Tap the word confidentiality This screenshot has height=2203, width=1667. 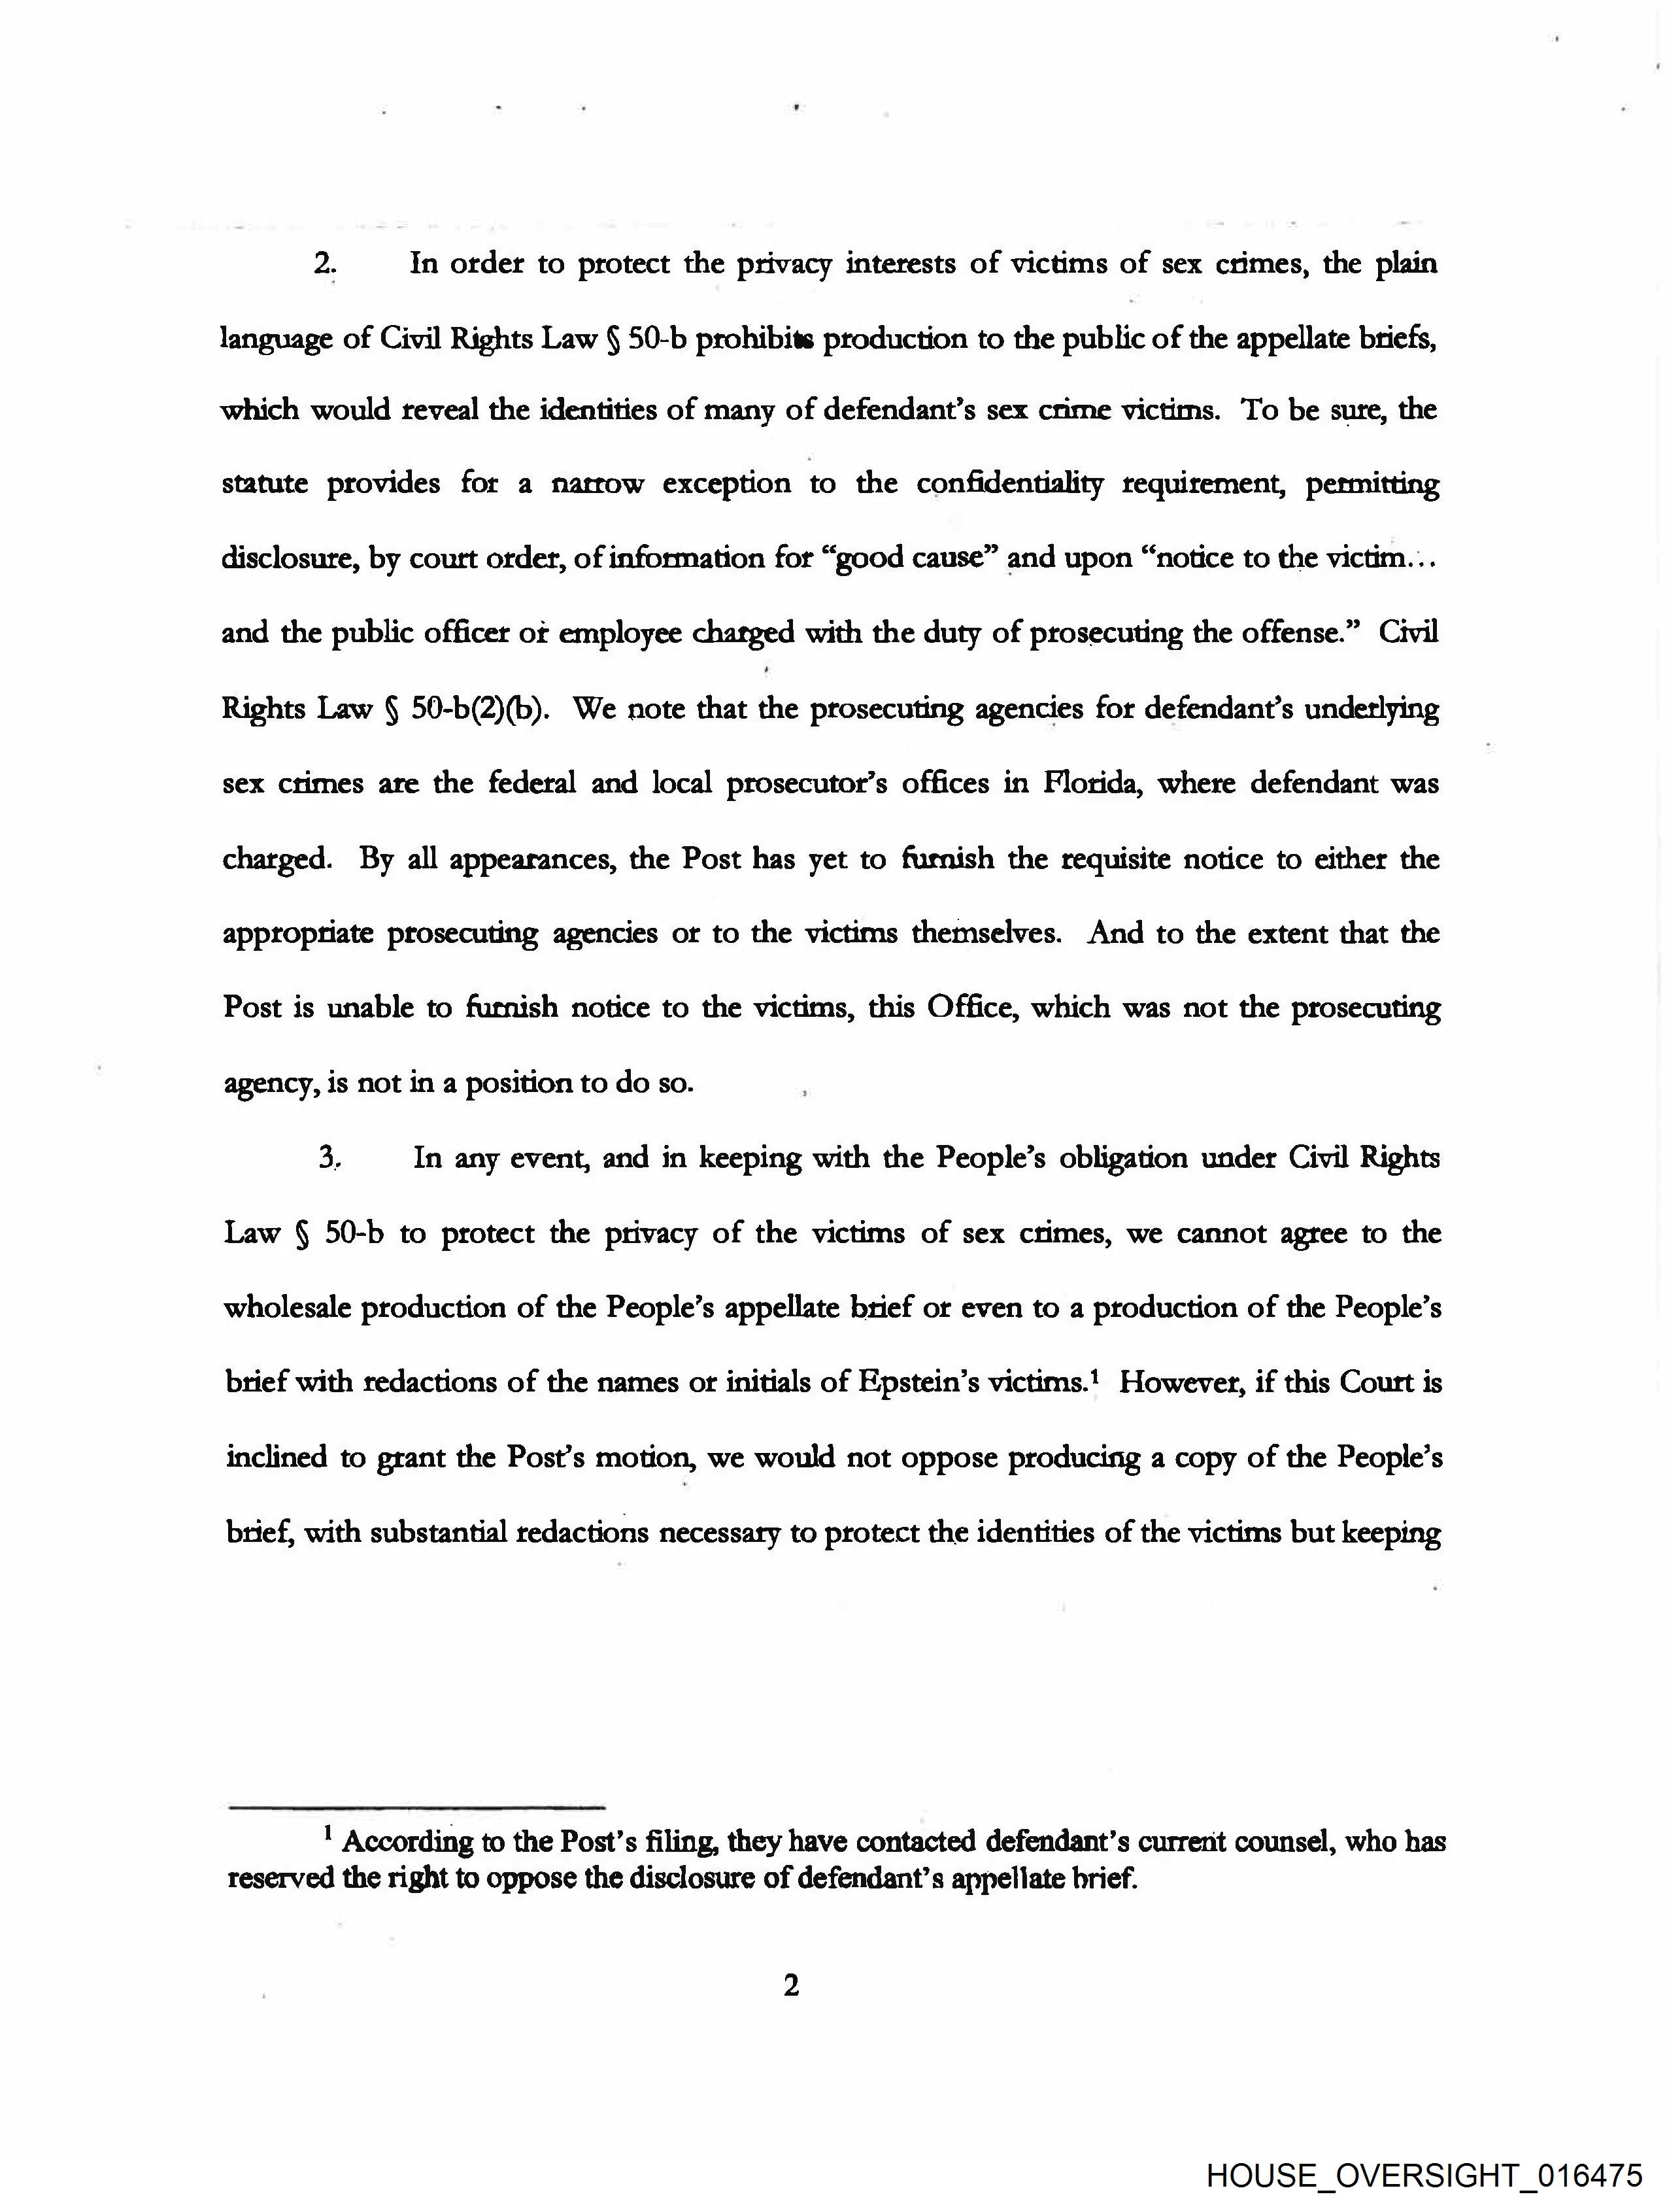click(1009, 485)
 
